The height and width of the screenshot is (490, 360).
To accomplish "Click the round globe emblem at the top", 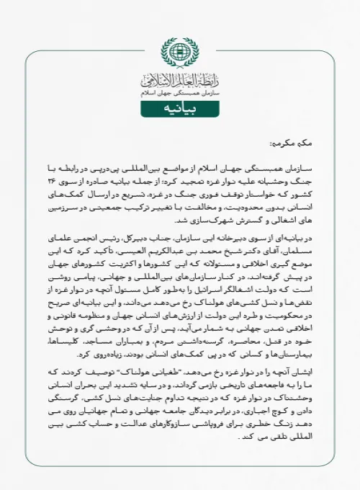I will point(180,53).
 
